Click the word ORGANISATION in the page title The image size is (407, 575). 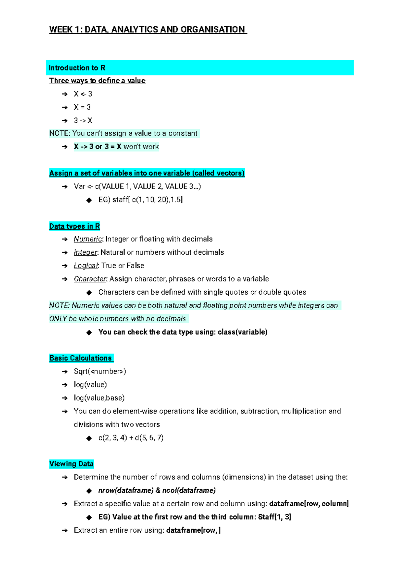coord(212,30)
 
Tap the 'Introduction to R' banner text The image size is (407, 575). coord(77,68)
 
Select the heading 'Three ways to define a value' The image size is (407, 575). coord(97,81)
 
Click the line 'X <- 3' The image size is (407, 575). coord(83,94)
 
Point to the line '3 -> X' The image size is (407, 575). coord(83,121)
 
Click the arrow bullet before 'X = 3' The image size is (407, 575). coord(65,108)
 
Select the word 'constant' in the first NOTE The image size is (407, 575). coord(183,133)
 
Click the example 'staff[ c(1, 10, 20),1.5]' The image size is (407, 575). coord(140,200)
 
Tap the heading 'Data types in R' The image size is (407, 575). coord(75,226)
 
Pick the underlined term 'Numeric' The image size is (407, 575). coord(88,239)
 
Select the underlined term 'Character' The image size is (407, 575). coord(90,279)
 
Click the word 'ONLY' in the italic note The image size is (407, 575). coord(58,319)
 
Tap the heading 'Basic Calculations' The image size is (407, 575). coord(81,358)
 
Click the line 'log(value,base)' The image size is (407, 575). coord(99,398)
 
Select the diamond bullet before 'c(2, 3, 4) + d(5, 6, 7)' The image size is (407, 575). coord(89,438)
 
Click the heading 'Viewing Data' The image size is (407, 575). coord(72,464)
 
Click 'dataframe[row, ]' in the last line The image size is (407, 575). coord(193,530)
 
